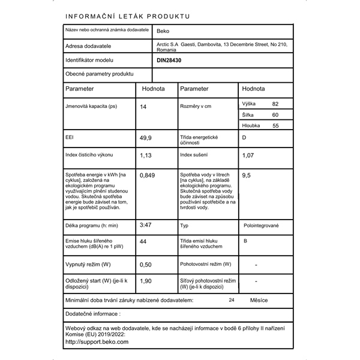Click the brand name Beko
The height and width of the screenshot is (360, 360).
point(163,32)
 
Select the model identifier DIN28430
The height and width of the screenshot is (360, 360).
point(170,61)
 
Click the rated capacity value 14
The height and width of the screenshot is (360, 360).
point(143,106)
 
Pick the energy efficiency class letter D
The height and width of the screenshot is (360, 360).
point(244,137)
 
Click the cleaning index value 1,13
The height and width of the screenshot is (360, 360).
point(145,155)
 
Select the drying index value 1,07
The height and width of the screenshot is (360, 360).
point(247,155)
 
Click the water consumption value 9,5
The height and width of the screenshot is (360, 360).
point(246,175)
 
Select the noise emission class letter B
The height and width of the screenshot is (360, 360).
point(244,241)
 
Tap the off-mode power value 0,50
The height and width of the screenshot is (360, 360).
point(146,264)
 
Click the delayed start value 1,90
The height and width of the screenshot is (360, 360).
point(146,280)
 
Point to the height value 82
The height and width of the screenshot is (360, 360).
point(275,104)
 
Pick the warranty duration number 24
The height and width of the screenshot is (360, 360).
point(232,299)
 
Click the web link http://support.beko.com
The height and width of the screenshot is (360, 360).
point(97,341)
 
